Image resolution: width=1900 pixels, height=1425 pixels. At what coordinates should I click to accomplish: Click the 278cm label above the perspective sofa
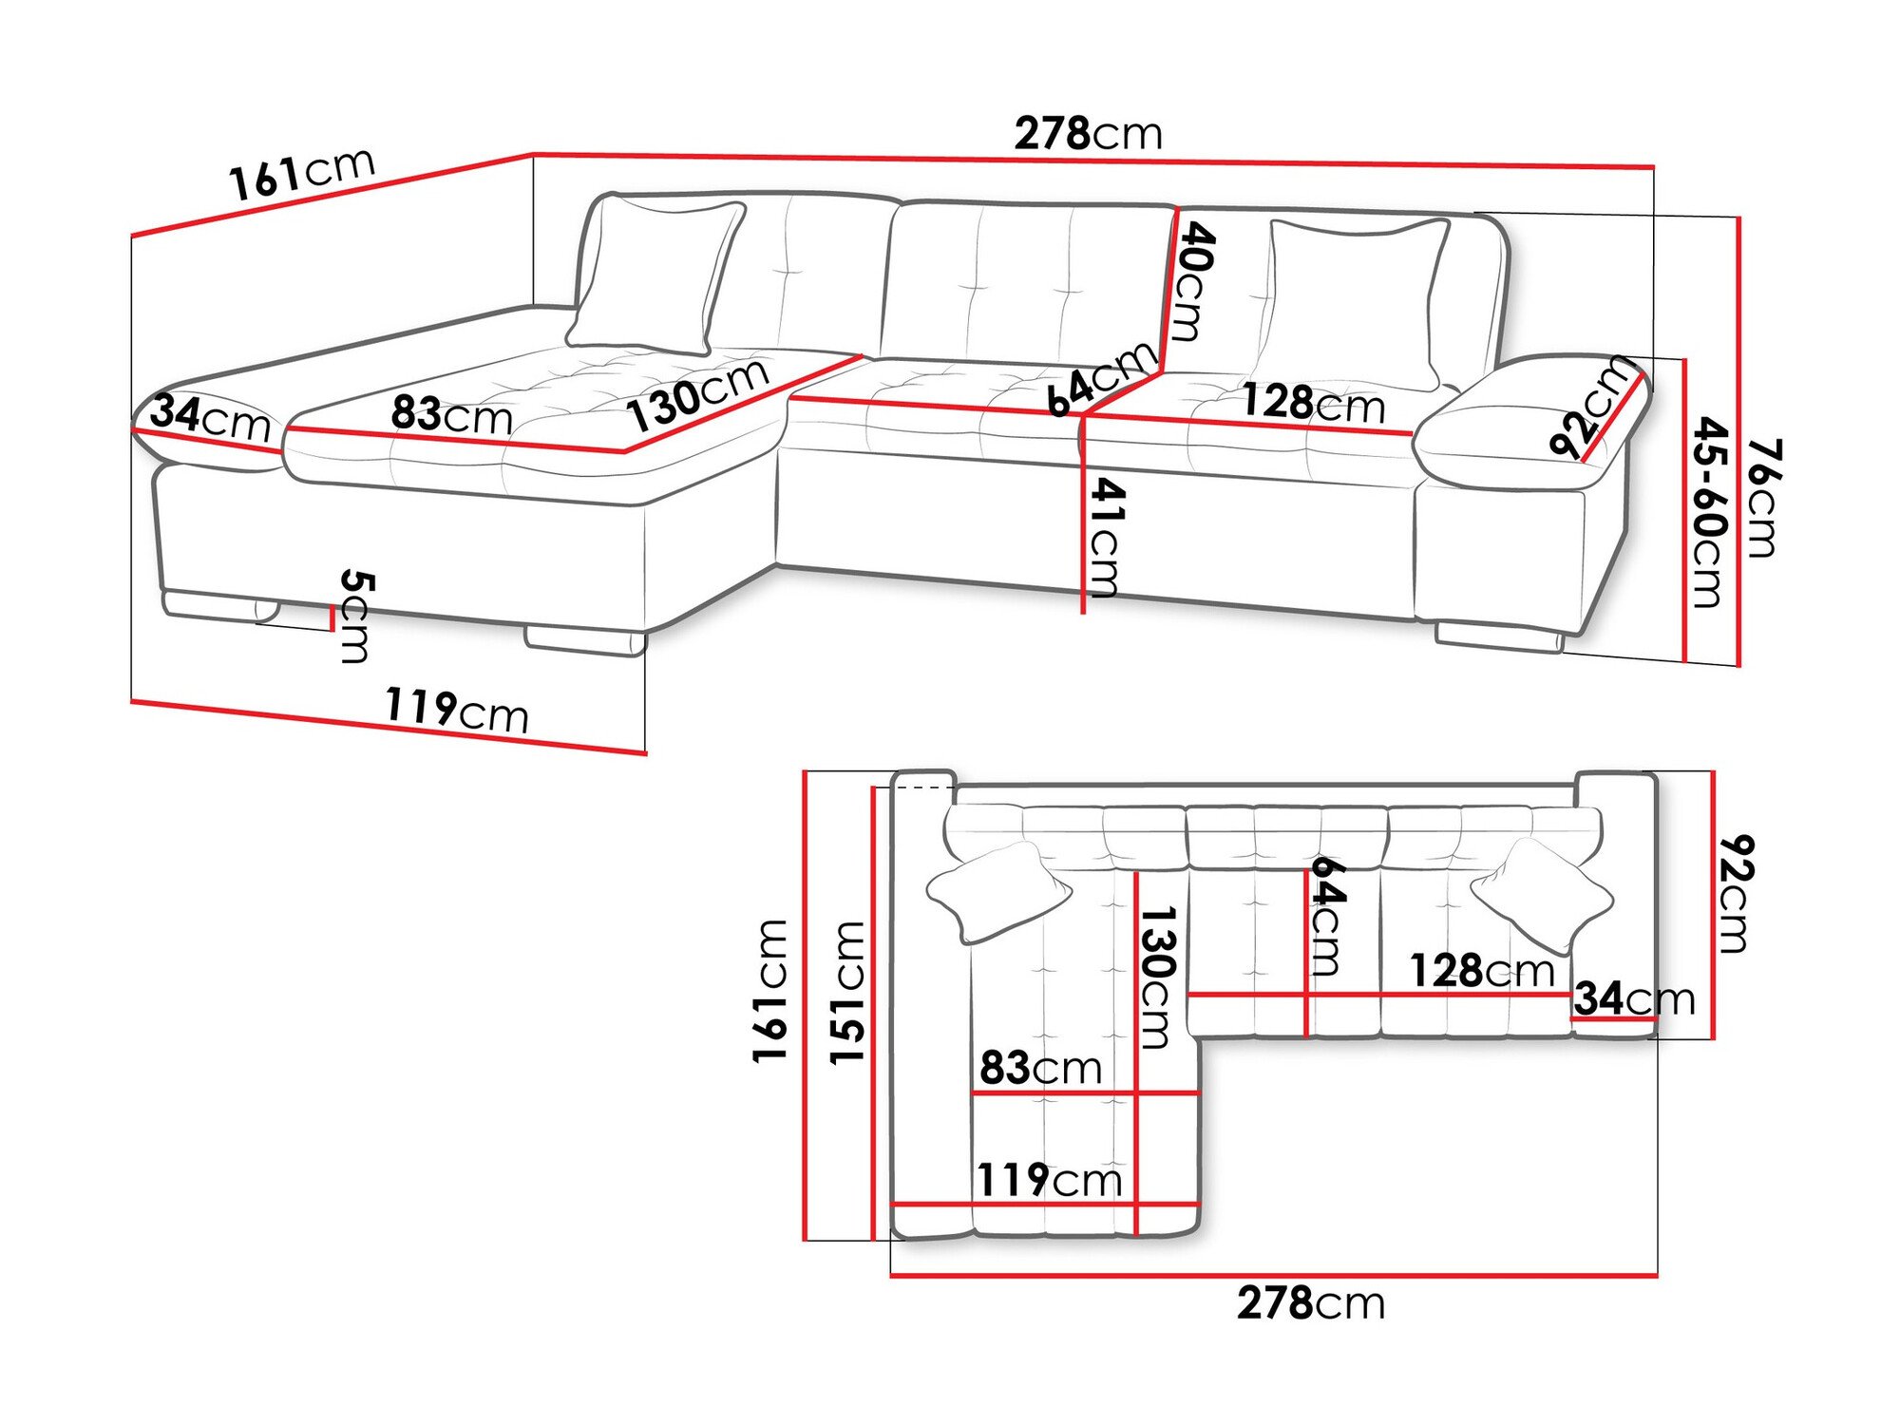coord(1088,134)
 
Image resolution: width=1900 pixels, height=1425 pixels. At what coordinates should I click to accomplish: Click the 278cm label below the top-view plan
coord(1310,1302)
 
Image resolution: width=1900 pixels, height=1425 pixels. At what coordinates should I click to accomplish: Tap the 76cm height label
coord(1763,498)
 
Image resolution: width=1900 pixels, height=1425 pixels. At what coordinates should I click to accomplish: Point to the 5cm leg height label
coord(355,616)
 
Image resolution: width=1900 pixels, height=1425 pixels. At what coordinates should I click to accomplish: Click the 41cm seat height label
coord(1105,537)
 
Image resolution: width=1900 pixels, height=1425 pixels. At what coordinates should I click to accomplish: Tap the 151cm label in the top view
coord(847,993)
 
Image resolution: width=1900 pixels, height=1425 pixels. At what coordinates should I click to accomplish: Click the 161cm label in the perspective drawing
coord(302,175)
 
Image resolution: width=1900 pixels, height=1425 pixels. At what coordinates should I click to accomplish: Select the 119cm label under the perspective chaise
coord(457,710)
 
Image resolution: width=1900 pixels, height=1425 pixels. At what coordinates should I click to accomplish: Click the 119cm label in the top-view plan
coord(1050,1180)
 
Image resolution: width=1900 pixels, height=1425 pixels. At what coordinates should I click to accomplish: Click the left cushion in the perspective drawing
coord(655,275)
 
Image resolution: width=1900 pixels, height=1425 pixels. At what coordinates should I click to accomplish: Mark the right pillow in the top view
coord(1540,894)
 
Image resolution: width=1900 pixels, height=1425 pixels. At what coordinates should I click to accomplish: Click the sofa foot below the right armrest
coord(1498,636)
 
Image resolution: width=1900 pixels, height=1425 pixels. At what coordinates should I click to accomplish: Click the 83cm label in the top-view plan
coord(1040,1068)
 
